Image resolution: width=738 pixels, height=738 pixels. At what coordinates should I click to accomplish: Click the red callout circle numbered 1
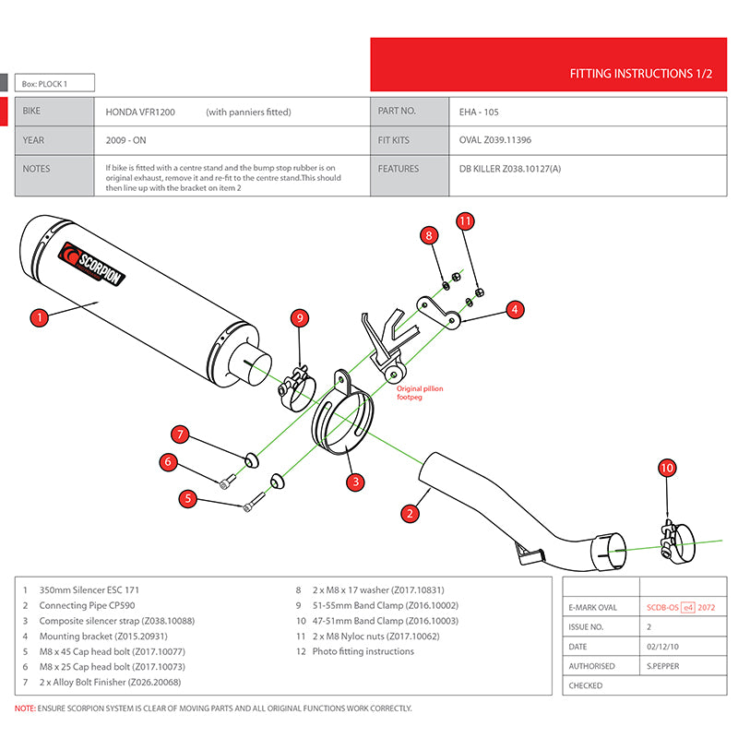(38, 317)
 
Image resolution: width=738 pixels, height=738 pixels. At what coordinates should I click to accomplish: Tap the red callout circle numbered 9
(299, 318)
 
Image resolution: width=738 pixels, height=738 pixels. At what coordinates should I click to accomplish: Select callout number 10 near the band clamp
(667, 468)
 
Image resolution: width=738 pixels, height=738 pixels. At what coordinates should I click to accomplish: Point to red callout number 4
(515, 309)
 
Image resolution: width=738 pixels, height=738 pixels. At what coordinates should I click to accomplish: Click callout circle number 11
(465, 220)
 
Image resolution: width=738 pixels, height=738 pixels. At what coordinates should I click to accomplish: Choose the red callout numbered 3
(353, 482)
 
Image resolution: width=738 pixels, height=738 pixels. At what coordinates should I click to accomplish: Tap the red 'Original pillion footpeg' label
(420, 393)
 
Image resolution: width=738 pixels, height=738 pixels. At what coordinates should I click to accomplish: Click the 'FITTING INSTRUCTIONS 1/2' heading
(641, 73)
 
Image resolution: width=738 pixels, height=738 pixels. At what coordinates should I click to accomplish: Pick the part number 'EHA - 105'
(479, 113)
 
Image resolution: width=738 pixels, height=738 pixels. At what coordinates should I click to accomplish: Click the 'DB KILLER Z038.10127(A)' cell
(510, 169)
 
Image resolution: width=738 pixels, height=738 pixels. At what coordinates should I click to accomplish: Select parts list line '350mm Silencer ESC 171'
(89, 589)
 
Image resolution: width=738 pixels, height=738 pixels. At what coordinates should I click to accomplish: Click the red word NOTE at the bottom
(25, 708)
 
